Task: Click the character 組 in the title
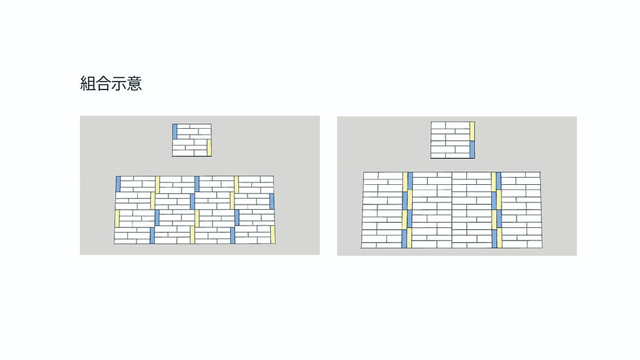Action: click(88, 83)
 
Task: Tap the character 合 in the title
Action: click(103, 83)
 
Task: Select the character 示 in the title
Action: click(119, 83)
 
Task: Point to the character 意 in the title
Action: click(135, 83)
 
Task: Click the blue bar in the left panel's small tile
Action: click(175, 131)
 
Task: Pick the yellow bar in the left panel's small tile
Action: click(209, 148)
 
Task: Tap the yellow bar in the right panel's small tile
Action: click(472, 131)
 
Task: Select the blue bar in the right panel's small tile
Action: click(472, 150)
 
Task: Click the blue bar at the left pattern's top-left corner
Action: click(118, 184)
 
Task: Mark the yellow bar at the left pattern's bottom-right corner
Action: click(273, 235)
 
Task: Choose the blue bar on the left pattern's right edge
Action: click(272, 202)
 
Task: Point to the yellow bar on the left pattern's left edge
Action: click(117, 218)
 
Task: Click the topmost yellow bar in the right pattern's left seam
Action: click(406, 181)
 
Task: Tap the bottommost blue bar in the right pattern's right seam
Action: click(494, 238)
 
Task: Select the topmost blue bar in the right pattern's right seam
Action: click(498, 181)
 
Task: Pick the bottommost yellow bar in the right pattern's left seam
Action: click(409, 238)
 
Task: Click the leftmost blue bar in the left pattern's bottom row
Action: click(152, 235)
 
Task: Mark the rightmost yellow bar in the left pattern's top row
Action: click(236, 184)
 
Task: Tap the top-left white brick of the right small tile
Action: click(438, 125)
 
